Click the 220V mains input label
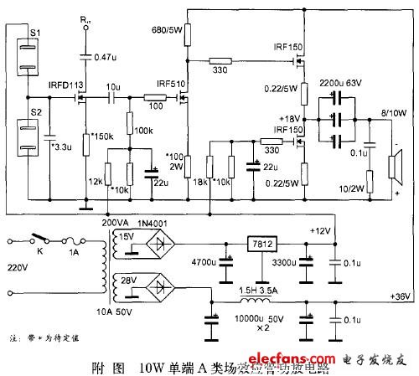click(18, 270)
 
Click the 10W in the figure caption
click(147, 366)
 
